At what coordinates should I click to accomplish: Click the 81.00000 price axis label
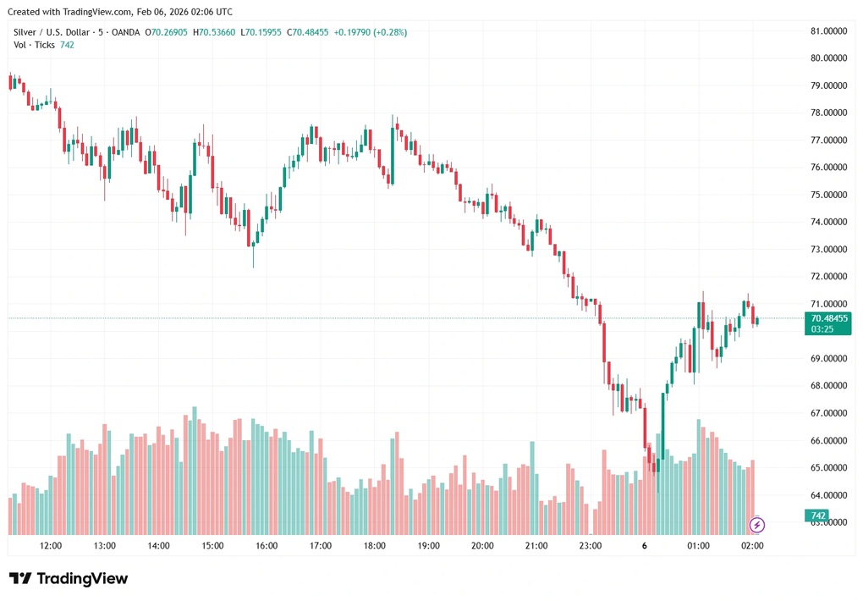point(828,31)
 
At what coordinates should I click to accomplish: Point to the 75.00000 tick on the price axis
point(828,195)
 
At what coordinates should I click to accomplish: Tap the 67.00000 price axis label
point(828,413)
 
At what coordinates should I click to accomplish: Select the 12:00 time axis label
point(51,546)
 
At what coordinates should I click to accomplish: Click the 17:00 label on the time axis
point(321,546)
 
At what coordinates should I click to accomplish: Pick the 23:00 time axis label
point(591,546)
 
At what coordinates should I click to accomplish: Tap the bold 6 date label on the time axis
point(645,546)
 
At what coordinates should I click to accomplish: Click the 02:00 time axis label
point(752,546)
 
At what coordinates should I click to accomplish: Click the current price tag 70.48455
point(829,318)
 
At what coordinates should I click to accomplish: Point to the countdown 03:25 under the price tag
point(822,329)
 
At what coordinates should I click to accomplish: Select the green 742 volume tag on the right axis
point(818,516)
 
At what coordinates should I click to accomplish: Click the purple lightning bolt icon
point(757,525)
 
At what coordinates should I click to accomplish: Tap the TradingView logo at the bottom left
point(69,579)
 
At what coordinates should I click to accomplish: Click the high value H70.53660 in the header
point(215,32)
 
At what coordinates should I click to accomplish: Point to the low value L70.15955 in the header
point(261,32)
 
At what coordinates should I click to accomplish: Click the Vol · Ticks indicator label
point(34,45)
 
